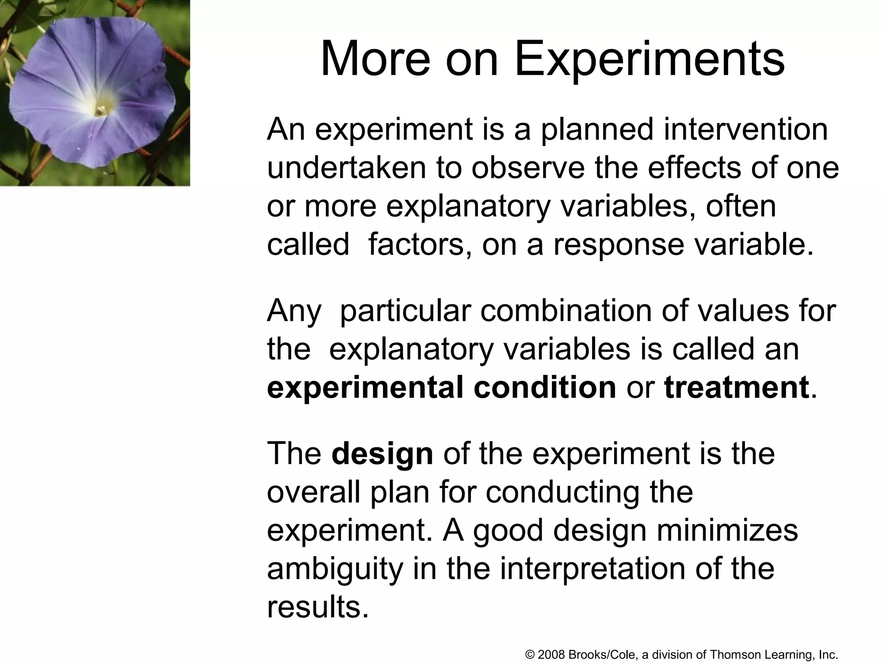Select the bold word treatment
click(x=736, y=387)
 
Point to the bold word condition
click(x=544, y=387)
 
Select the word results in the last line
click(x=318, y=607)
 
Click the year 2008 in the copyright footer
click(x=552, y=654)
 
